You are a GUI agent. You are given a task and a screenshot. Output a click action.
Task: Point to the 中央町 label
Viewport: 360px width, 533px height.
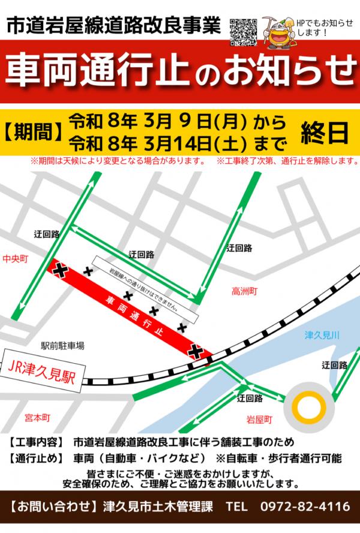pos(16,259)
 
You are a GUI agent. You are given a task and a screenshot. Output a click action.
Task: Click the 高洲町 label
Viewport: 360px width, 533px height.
pos(244,292)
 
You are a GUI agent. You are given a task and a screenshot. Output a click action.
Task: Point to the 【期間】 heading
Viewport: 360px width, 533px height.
pos(34,133)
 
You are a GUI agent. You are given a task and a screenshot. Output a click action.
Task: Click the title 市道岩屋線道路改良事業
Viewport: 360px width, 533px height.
pos(113,26)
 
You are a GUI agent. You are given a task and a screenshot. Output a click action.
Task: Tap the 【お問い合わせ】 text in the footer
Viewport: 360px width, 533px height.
pos(55,506)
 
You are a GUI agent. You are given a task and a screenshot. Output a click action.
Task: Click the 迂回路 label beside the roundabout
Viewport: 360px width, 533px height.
pos(334,365)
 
